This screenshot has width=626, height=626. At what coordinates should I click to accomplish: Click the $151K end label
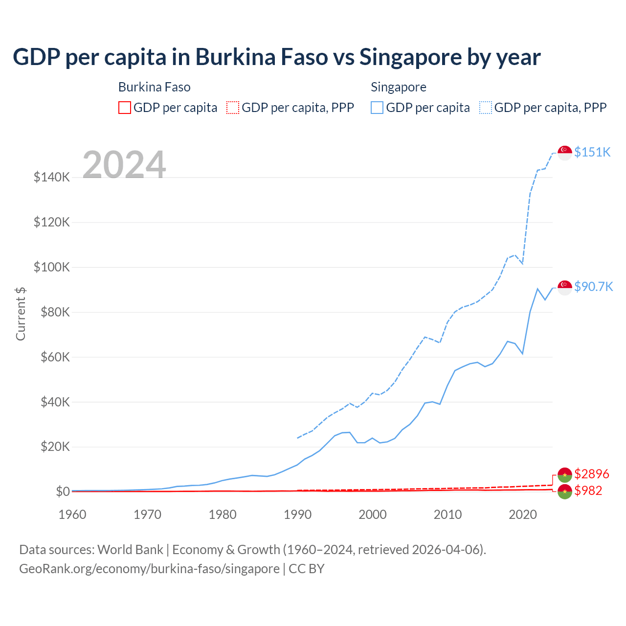coord(592,152)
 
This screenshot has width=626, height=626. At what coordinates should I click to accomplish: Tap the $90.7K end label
coord(593,287)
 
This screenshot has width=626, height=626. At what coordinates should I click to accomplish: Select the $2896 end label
coord(592,474)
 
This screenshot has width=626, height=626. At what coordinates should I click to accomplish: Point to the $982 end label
coord(588,491)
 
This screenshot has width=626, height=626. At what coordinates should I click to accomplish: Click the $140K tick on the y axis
coord(52,177)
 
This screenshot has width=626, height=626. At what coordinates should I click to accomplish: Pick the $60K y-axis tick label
coord(52,357)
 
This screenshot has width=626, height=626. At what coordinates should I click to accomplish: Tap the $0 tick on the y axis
coord(63,492)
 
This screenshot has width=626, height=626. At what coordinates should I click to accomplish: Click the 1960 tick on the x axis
coord(72,514)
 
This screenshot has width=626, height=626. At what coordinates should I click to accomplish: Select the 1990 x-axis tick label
coord(297,514)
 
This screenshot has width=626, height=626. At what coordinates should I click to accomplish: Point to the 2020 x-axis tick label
coord(523,514)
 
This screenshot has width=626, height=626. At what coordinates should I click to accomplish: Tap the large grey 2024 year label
coord(124,165)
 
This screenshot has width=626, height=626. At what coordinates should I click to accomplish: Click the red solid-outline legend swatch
coord(125,108)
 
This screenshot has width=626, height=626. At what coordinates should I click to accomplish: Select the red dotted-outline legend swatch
coord(233,108)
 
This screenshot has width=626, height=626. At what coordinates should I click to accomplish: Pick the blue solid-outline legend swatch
coord(377,108)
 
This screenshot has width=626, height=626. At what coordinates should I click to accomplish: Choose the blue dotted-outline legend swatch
coord(486,108)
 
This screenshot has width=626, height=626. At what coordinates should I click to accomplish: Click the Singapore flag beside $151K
coord(565,153)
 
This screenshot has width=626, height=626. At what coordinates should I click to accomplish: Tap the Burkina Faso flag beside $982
coord(565,492)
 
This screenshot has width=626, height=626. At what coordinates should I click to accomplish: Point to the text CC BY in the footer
coord(307,569)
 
